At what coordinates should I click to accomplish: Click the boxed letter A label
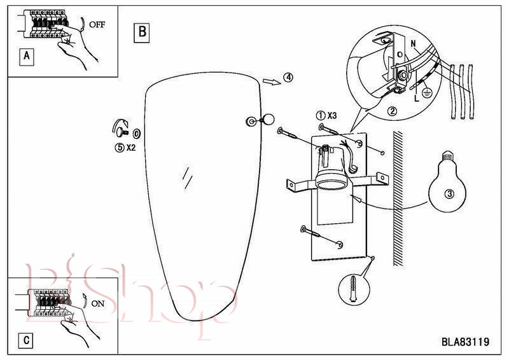[x=26, y=57]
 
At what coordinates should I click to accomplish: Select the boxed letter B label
[x=142, y=32]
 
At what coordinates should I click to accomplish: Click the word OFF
[x=97, y=25]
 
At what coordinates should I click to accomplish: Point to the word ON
[x=98, y=303]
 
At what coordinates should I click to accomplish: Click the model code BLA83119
[x=465, y=342]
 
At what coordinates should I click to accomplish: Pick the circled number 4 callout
[x=288, y=77]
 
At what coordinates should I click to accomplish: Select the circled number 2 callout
[x=392, y=111]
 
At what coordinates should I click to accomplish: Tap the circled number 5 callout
[x=120, y=148]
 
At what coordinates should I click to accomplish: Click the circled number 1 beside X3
[x=321, y=115]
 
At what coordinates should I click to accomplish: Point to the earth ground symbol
[x=426, y=93]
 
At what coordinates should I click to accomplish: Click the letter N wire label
[x=413, y=43]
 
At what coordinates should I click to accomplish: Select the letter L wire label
[x=417, y=98]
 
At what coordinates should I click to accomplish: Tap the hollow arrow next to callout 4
[x=272, y=81]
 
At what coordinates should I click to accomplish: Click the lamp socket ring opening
[x=331, y=185]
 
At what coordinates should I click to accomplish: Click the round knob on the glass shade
[x=268, y=120]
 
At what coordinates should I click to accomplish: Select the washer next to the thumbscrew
[x=137, y=133]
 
